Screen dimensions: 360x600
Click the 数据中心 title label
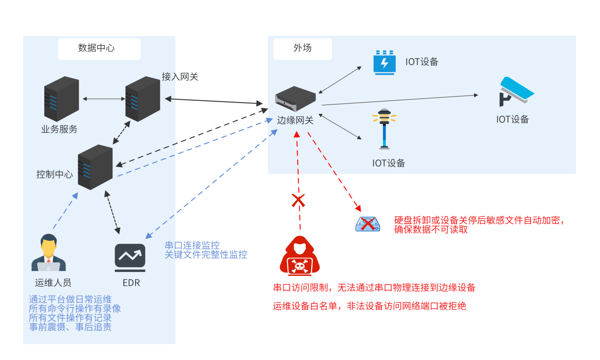(x=96, y=48)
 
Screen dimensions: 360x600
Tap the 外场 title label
(x=302, y=48)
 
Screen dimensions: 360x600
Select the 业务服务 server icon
(x=61, y=99)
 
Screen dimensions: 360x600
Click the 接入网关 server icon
(x=142, y=99)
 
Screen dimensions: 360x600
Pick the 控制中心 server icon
(x=95, y=167)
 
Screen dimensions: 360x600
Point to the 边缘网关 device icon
(x=295, y=98)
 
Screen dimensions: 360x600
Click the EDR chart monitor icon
(x=130, y=258)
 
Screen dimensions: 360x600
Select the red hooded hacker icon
(x=300, y=256)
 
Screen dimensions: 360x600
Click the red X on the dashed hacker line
(x=298, y=201)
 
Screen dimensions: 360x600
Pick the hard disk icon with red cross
(x=368, y=224)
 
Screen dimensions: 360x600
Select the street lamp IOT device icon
(x=384, y=129)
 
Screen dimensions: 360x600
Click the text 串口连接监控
(x=192, y=245)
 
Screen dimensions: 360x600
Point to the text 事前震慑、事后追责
(x=70, y=327)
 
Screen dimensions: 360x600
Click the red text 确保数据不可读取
(x=431, y=229)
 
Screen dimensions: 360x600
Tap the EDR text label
(x=131, y=283)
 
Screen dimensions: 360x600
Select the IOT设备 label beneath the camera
(x=512, y=119)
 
